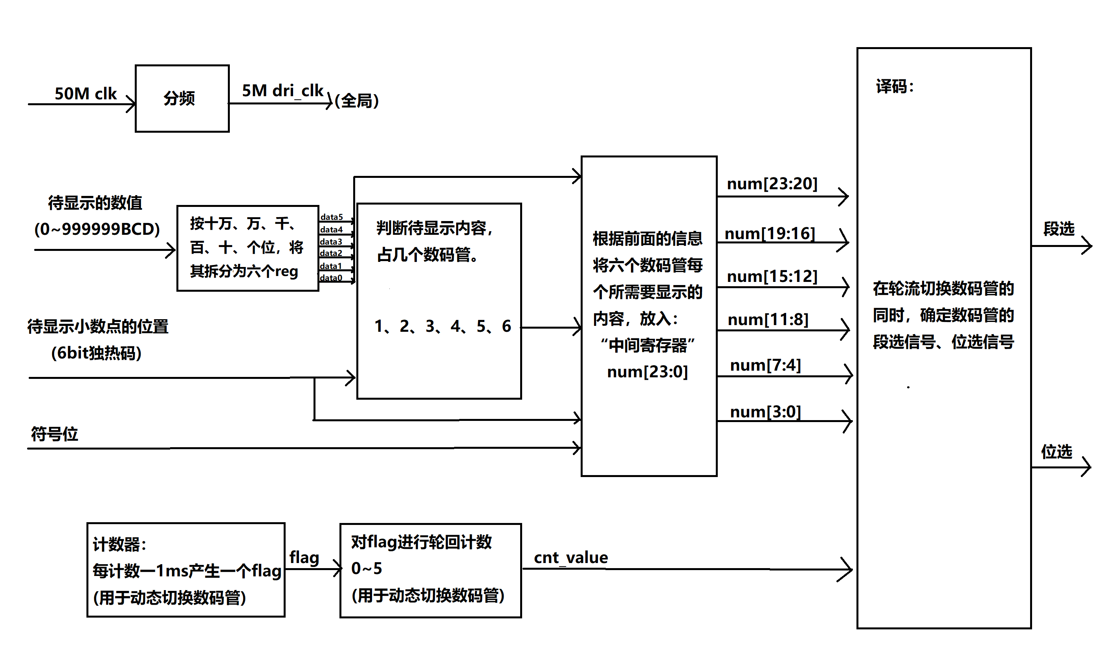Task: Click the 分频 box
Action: pyautogui.click(x=182, y=98)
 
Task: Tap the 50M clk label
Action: pyautogui.click(x=85, y=94)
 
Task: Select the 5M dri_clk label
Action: pyautogui.click(x=282, y=91)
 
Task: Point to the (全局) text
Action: pyautogui.click(x=356, y=101)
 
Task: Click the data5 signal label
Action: pyautogui.click(x=332, y=217)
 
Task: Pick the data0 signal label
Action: pyautogui.click(x=331, y=278)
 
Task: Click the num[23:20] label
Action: pyautogui.click(x=772, y=184)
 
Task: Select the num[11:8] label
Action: pyautogui.click(x=768, y=319)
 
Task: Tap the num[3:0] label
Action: pyautogui.click(x=765, y=412)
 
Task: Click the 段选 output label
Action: pyautogui.click(x=1059, y=229)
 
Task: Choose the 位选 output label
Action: pyautogui.click(x=1056, y=452)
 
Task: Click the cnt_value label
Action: pyautogui.click(x=571, y=558)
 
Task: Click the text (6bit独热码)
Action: pyautogui.click(x=97, y=353)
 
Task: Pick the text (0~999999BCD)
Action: pyautogui.click(x=97, y=229)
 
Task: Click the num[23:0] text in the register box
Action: pyautogui.click(x=647, y=372)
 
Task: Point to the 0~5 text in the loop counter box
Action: pyautogui.click(x=366, y=569)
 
